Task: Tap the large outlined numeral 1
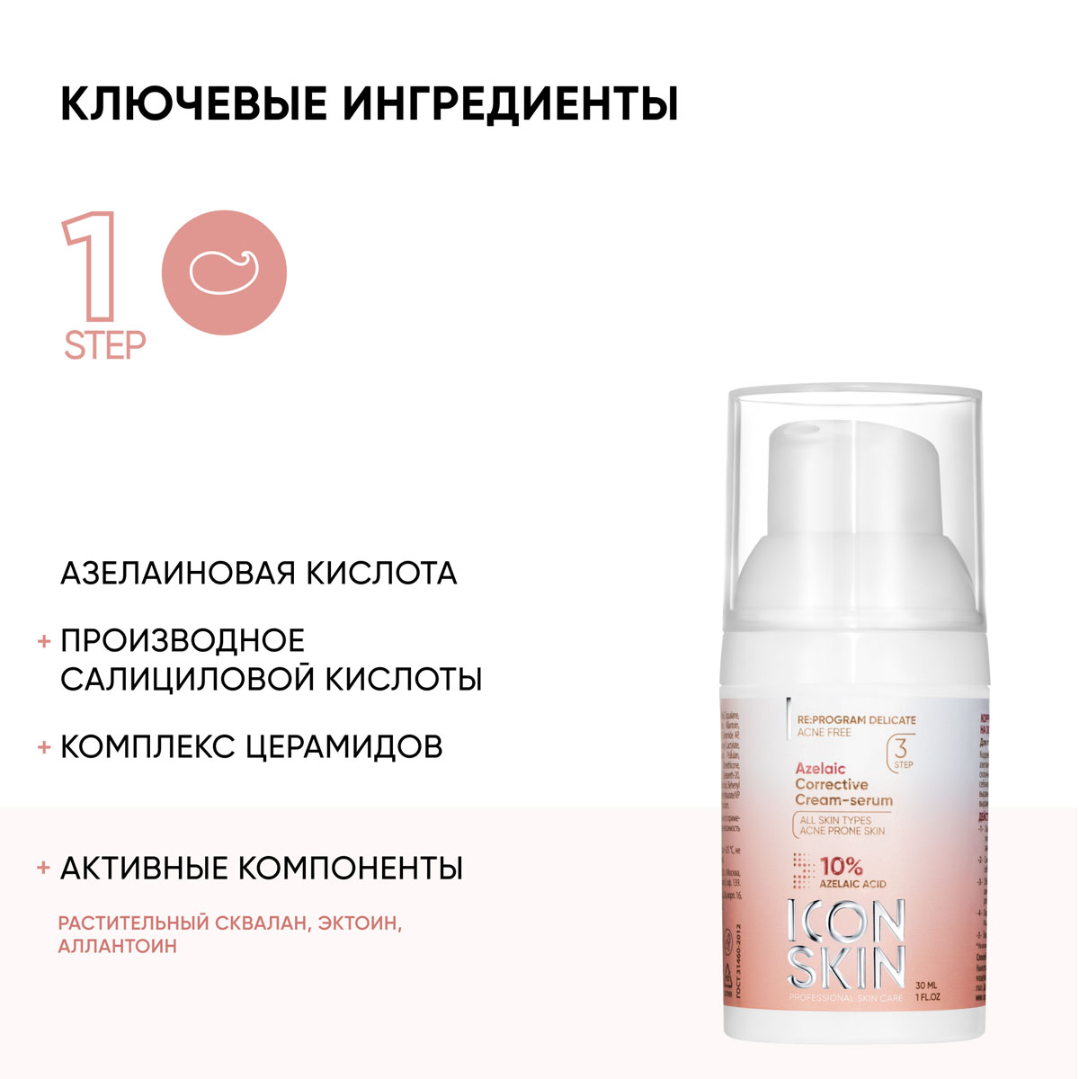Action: click(x=91, y=267)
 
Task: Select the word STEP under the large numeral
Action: click(x=104, y=345)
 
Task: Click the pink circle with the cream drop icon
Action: click(x=224, y=272)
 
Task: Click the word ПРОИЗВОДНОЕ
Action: click(x=183, y=640)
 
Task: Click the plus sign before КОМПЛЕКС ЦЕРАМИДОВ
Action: click(x=43, y=747)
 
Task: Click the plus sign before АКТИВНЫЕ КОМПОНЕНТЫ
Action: click(x=43, y=869)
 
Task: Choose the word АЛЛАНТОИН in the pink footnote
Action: click(x=117, y=946)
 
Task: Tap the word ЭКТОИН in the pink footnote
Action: click(x=356, y=923)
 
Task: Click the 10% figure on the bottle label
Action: click(x=841, y=867)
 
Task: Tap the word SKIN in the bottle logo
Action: click(x=845, y=970)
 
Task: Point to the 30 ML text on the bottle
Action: click(x=928, y=982)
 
